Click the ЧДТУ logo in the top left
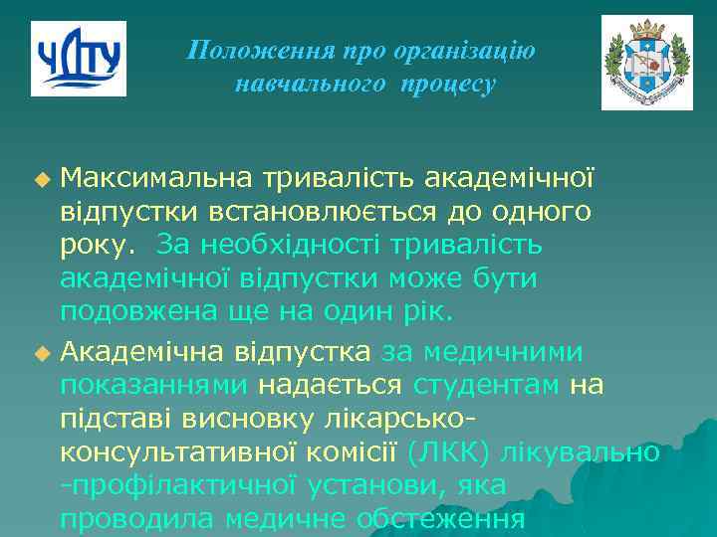[x=79, y=58]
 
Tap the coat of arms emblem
[x=646, y=63]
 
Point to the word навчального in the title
[x=310, y=85]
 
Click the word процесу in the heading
[x=448, y=85]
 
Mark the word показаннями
[x=157, y=384]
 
